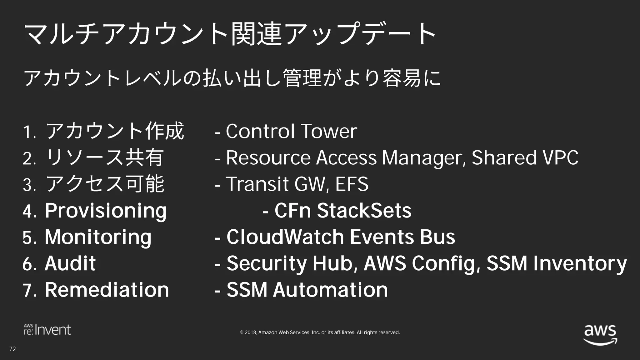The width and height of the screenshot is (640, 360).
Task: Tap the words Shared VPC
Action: click(x=525, y=157)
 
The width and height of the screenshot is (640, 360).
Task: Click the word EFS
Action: click(x=352, y=184)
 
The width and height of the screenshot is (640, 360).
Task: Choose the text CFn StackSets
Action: click(x=343, y=210)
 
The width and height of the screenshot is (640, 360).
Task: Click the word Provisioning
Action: click(x=106, y=211)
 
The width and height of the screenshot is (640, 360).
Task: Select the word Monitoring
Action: click(x=98, y=237)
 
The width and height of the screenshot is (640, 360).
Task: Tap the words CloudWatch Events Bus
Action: click(x=341, y=237)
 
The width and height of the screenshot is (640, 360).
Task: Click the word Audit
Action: click(x=70, y=263)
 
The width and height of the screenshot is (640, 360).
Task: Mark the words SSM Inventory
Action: click(x=557, y=263)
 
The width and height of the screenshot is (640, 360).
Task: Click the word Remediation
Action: click(x=107, y=290)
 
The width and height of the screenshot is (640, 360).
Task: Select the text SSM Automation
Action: click(x=307, y=290)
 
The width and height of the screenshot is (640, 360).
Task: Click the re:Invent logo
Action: click(x=47, y=330)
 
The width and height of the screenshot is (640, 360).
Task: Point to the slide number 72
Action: click(x=12, y=349)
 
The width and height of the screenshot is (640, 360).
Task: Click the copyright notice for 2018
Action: click(x=320, y=332)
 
